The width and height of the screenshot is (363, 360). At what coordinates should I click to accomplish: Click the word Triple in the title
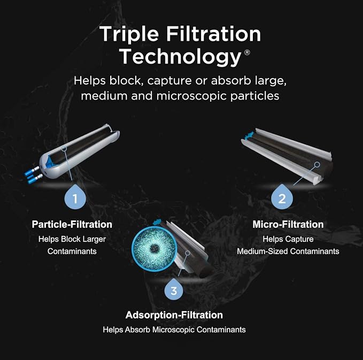point(129,35)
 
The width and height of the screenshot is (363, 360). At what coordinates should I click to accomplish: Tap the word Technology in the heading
point(181,57)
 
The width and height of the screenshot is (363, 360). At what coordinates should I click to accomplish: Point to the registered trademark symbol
point(247,52)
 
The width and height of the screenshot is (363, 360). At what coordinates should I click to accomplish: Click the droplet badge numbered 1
point(75,197)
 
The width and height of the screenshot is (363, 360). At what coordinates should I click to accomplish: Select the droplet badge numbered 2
point(282,197)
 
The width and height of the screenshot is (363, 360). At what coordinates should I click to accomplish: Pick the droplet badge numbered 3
point(174,289)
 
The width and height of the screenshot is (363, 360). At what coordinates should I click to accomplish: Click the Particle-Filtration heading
point(72,224)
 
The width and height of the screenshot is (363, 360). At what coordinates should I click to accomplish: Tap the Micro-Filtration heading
point(288,224)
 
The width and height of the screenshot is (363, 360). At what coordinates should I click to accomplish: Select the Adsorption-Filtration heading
point(174,315)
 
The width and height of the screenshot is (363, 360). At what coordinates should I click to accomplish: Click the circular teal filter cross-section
point(155,249)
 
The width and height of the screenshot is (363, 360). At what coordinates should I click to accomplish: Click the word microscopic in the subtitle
point(192,96)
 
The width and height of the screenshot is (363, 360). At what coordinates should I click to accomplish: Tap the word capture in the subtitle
point(169,81)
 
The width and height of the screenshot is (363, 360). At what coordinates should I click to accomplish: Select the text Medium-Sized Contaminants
point(288,251)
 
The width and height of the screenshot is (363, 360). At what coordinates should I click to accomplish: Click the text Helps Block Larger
point(72,239)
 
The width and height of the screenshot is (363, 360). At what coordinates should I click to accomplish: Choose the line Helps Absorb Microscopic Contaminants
point(174,330)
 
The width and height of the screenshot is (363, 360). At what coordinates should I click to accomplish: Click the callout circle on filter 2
point(317,164)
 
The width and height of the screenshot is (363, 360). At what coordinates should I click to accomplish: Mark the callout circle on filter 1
point(64,148)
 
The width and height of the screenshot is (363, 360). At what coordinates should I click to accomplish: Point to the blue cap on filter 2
point(249,135)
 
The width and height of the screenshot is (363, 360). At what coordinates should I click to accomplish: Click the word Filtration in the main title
point(213,34)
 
